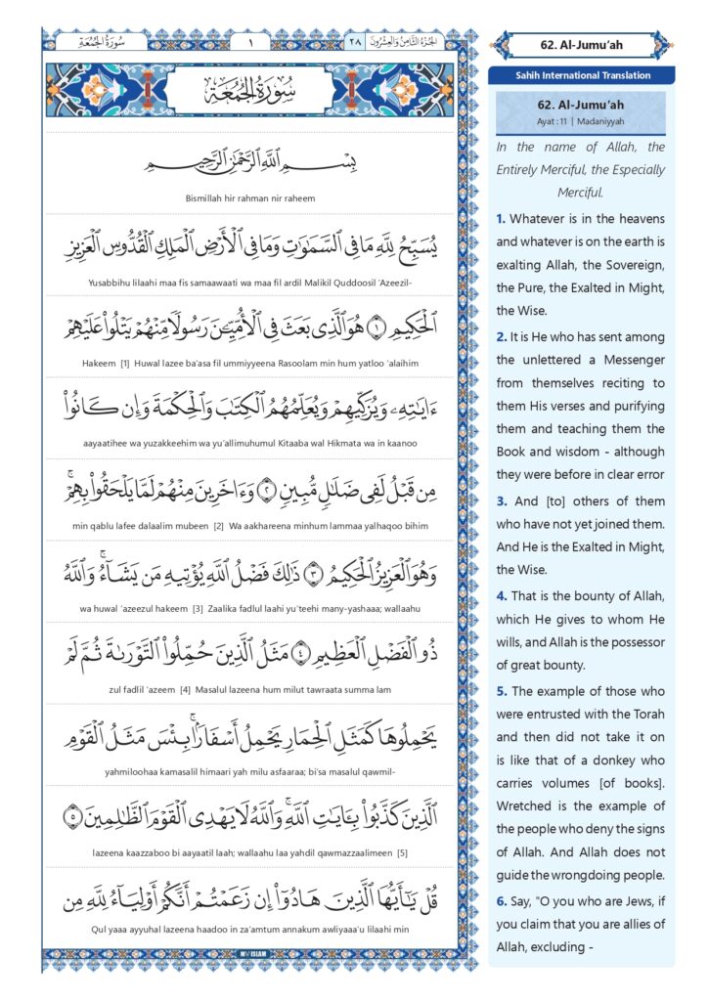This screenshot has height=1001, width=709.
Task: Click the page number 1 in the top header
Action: tap(249, 42)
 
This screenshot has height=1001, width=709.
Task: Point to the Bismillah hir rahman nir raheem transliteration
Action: tap(250, 198)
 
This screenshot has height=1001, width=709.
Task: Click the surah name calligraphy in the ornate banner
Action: tap(250, 96)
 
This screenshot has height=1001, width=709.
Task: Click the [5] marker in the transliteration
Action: tap(401, 852)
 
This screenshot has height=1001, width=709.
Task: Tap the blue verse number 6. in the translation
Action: tap(501, 886)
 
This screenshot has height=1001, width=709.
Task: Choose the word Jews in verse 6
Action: tap(639, 886)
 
